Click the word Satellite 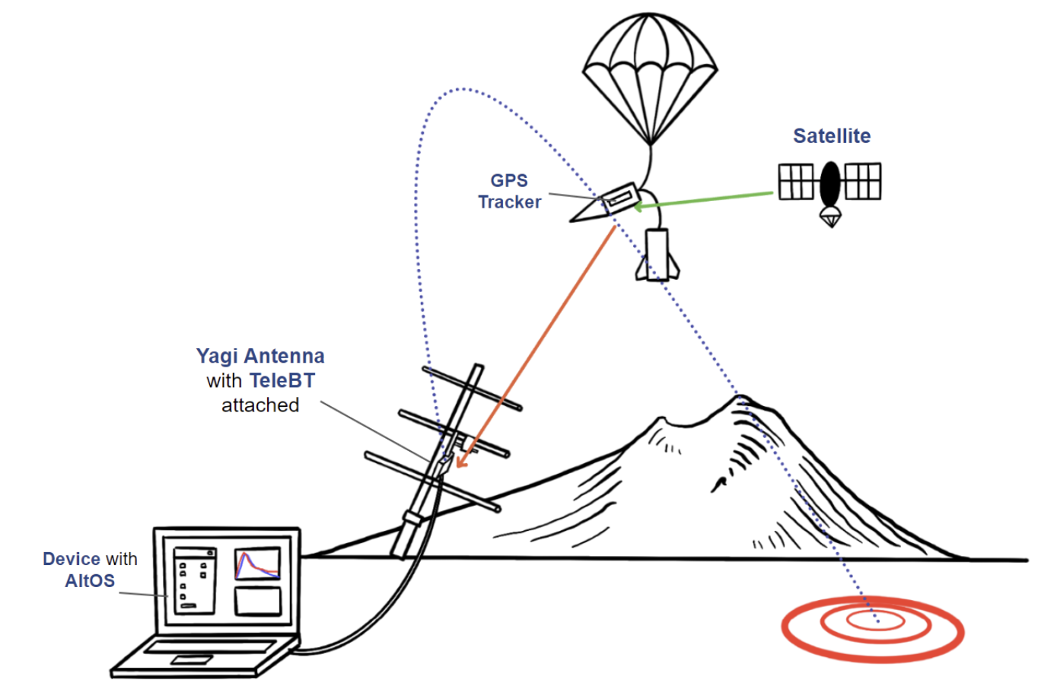pos(832,136)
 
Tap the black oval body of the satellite pos(830,184)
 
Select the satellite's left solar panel pos(796,182)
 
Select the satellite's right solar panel pos(863,181)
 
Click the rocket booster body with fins pos(657,255)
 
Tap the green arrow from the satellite pos(703,200)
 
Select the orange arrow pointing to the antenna pos(536,347)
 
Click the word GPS pos(509,180)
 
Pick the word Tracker pos(510,202)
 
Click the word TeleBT pos(282,381)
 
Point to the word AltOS pos(90,581)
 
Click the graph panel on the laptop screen pos(257,564)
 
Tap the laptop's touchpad pos(192,659)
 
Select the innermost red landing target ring pos(876,621)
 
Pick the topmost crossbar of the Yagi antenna pos(473,389)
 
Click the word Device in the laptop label pos(72,559)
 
